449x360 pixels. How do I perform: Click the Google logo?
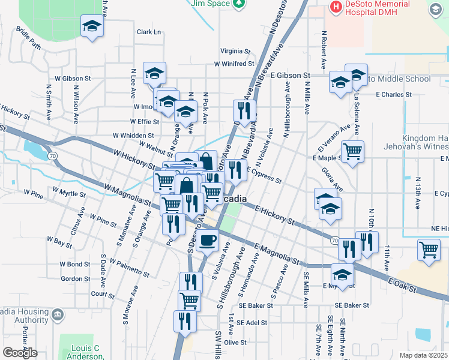tap(20, 352)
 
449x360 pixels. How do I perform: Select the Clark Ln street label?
tap(149, 32)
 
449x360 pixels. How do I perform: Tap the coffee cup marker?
tap(208, 240)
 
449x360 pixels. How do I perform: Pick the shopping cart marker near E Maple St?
tap(352, 151)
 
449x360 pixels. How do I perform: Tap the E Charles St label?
tap(394, 94)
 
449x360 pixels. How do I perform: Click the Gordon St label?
tap(76, 279)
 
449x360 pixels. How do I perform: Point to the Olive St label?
tap(235, 342)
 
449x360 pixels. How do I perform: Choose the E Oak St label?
tap(402, 286)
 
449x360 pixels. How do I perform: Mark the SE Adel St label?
tap(252, 322)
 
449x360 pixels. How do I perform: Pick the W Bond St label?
tap(75, 265)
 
